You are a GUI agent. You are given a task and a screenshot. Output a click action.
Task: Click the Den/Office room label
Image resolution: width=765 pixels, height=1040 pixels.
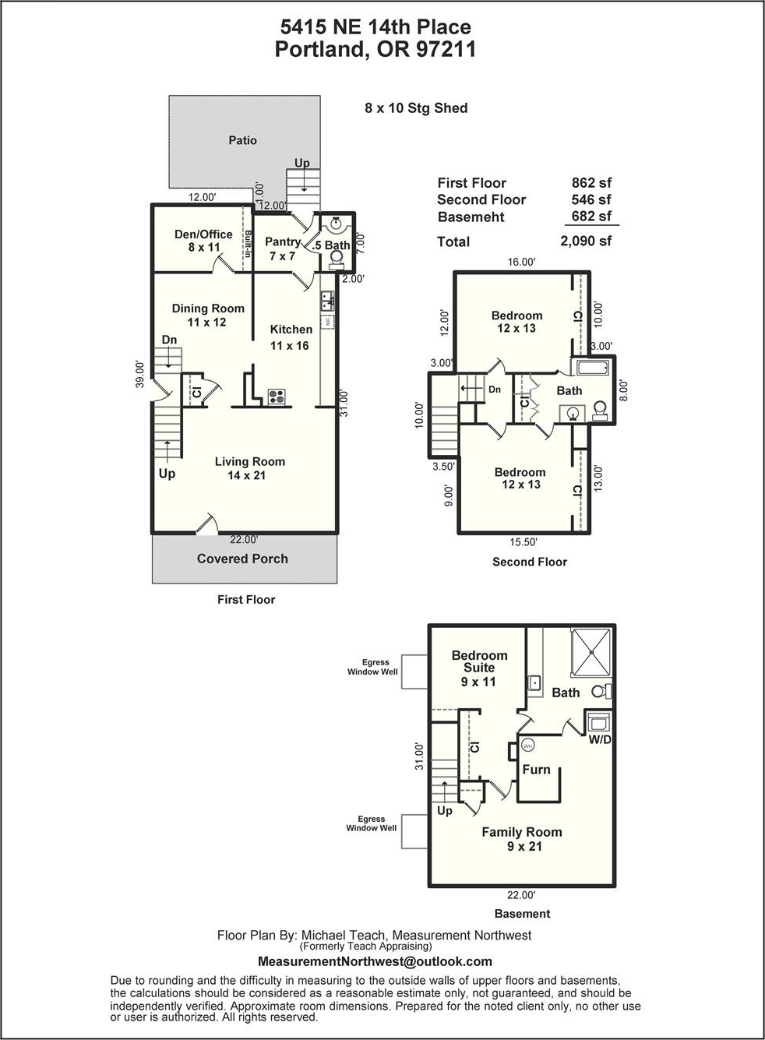[203, 234]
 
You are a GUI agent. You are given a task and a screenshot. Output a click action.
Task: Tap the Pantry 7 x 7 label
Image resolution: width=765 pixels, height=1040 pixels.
[282, 249]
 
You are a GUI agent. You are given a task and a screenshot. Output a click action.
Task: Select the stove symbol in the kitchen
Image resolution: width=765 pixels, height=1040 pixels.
[277, 397]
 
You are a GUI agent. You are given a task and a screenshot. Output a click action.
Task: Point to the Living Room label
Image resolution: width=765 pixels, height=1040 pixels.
[250, 461]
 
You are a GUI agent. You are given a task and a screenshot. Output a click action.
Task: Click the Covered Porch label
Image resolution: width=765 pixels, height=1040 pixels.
[242, 559]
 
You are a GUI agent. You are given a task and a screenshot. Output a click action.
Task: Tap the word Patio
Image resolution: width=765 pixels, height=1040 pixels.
[242, 139]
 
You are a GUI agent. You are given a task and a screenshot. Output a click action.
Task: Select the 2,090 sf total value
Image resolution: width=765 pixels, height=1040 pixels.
[586, 241]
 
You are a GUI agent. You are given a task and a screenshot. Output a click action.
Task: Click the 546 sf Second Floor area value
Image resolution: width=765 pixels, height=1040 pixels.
[591, 199]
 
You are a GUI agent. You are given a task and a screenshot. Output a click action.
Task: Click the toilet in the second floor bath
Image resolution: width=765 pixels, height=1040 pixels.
[600, 411]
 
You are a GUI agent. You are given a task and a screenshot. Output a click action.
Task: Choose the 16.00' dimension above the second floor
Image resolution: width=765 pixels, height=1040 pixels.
[521, 262]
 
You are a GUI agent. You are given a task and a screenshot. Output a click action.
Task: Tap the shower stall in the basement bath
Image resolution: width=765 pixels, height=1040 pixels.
[591, 652]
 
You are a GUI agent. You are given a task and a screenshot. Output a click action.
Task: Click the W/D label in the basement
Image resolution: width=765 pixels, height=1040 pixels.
[600, 739]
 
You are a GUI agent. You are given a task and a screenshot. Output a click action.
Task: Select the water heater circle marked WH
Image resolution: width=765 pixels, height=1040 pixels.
[528, 746]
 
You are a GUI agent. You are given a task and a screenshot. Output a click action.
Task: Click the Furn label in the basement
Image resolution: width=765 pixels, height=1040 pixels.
[536, 770]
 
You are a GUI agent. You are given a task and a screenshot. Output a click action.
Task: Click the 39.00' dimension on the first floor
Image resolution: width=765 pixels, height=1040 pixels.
[140, 374]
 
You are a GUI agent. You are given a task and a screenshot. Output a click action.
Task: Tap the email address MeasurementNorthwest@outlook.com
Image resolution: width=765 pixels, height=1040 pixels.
[375, 961]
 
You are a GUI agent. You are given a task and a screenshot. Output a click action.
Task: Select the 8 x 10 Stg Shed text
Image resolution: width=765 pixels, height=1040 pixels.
[416, 108]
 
